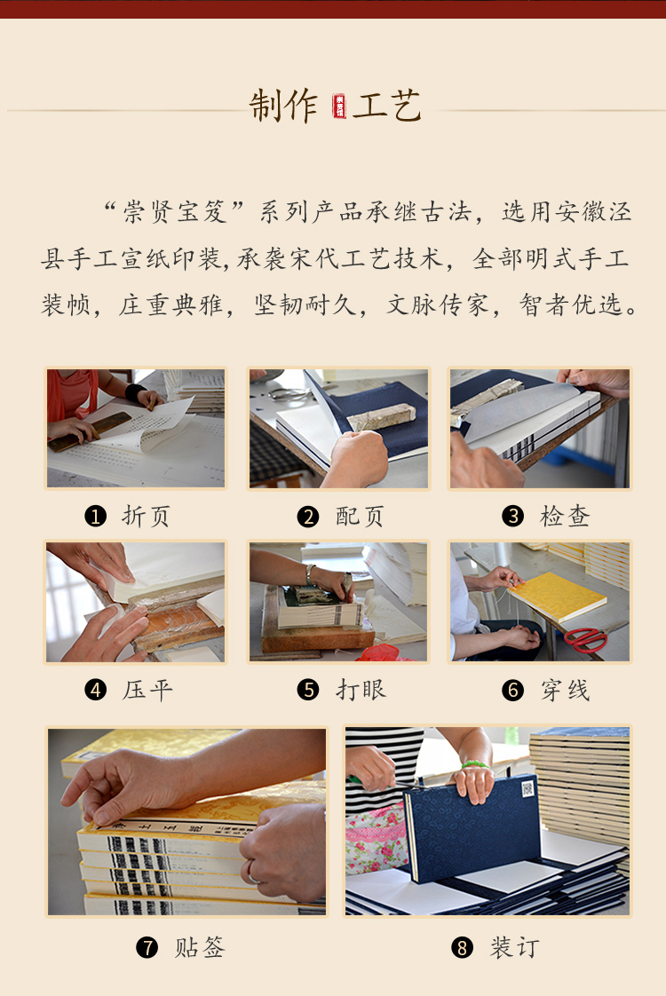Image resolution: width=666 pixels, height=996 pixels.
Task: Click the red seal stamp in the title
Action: pyautogui.click(x=339, y=106)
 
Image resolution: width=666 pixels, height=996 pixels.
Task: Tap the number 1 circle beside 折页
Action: pyautogui.click(x=95, y=516)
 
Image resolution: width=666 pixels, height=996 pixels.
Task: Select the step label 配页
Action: pyautogui.click(x=360, y=516)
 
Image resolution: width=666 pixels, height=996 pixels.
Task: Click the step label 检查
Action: pyautogui.click(x=565, y=516)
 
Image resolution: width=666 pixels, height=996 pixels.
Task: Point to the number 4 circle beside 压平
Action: pyautogui.click(x=95, y=689)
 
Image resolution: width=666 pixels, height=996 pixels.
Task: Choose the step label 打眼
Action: pyautogui.click(x=361, y=689)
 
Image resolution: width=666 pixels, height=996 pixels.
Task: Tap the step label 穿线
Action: pyautogui.click(x=565, y=690)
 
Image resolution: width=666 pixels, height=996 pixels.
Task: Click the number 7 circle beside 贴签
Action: pyautogui.click(x=147, y=948)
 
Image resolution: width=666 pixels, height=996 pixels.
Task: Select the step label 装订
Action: pyautogui.click(x=515, y=948)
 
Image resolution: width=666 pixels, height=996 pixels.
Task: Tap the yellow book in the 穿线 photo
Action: pyautogui.click(x=557, y=597)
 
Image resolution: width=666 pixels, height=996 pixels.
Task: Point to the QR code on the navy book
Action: pyautogui.click(x=527, y=789)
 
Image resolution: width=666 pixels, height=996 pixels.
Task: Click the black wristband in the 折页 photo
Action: pyautogui.click(x=134, y=392)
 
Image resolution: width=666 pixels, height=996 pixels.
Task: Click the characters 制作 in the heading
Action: pyautogui.click(x=282, y=106)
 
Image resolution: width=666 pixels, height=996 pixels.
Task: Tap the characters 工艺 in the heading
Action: pyautogui.click(x=386, y=106)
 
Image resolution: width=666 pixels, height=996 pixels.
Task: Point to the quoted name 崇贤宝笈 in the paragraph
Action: pyautogui.click(x=175, y=211)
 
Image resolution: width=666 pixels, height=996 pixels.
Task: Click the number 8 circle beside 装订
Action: pyautogui.click(x=462, y=948)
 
